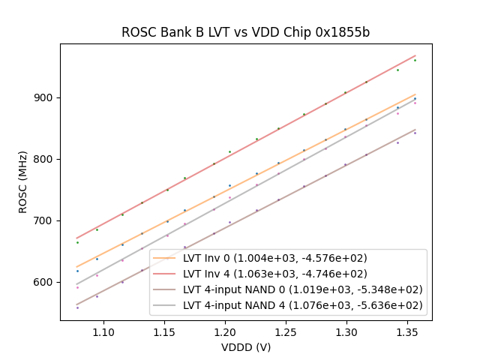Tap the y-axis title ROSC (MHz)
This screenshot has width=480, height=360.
pos(23,182)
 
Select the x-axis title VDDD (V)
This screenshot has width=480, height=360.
pos(246,347)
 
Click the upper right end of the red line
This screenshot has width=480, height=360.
pos(415,55)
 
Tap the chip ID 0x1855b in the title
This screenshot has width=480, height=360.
pos(343,33)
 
